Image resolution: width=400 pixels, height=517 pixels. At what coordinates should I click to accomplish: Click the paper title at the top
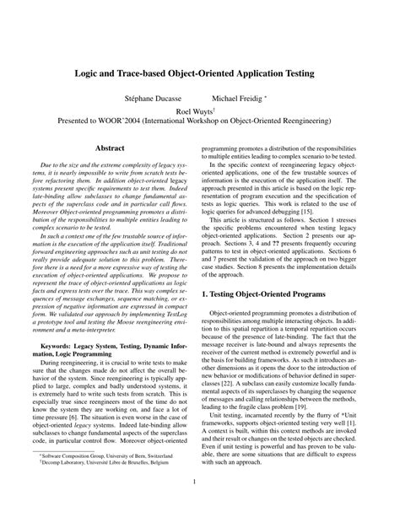(x=200, y=74)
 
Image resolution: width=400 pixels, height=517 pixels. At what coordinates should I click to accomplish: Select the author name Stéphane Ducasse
(x=154, y=98)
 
